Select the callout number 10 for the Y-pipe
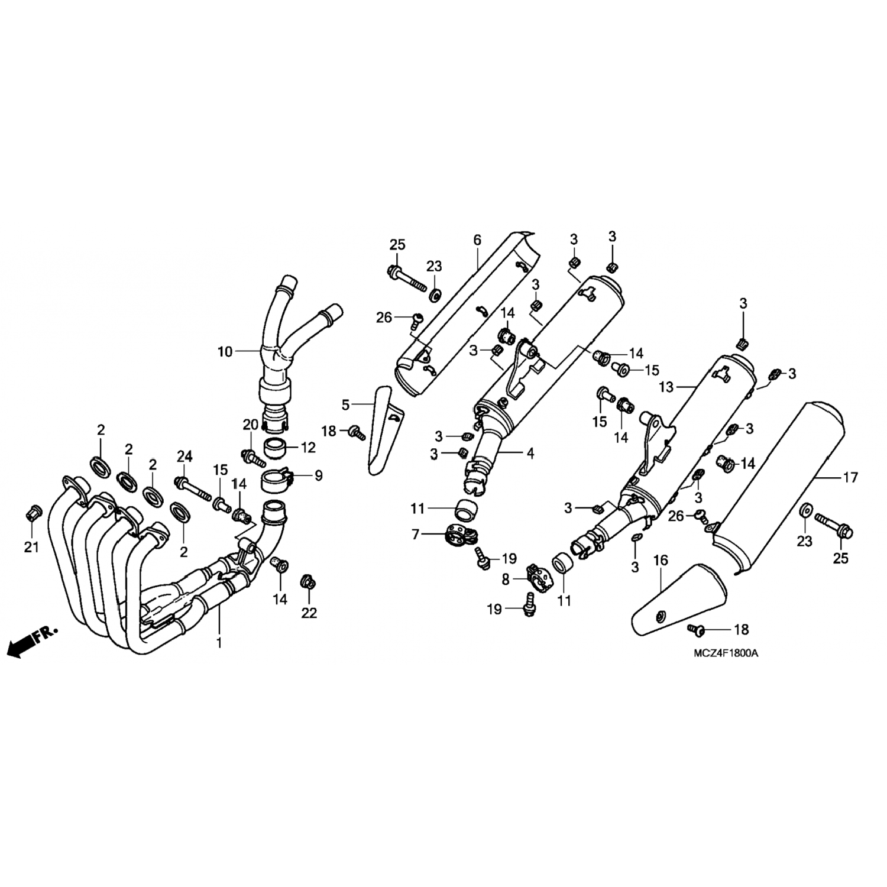coord(225,352)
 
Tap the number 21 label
coord(31,547)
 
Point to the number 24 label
coord(184,455)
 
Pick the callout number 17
coord(850,478)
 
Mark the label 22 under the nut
coord(309,613)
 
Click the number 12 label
coord(309,448)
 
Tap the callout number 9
coord(319,475)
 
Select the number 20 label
coord(250,424)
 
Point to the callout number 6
coord(477,240)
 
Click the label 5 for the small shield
coord(346,405)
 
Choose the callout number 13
coord(666,387)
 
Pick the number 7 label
coord(416,535)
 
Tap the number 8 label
coord(506,580)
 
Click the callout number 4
coord(530,454)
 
